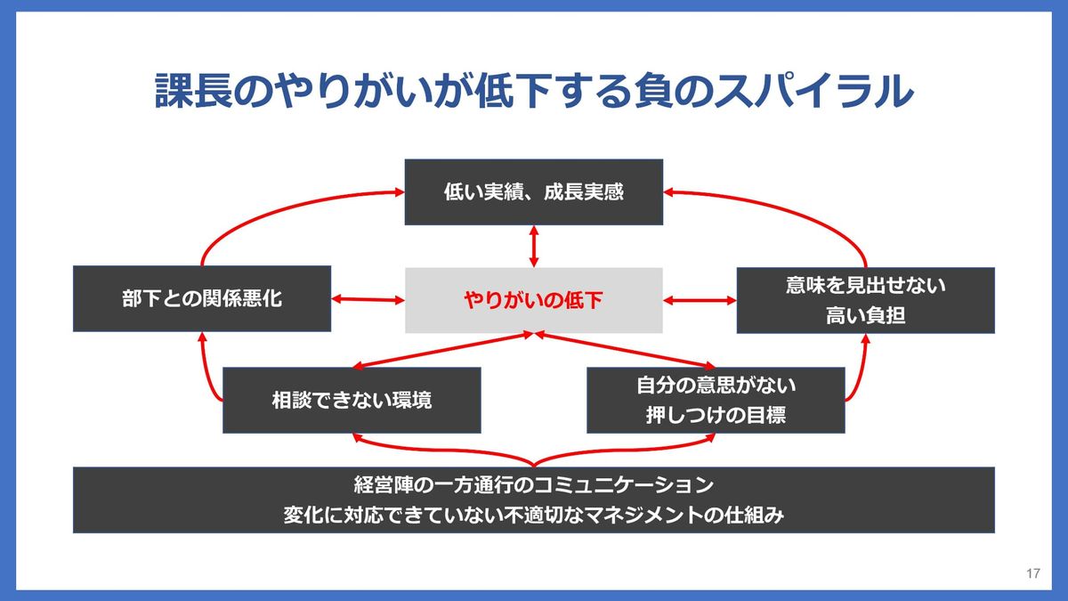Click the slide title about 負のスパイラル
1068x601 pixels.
pos(534,91)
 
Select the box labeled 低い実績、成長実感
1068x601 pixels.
pos(534,191)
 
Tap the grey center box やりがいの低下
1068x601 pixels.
pos(534,300)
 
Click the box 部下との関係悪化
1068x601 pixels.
pos(202,299)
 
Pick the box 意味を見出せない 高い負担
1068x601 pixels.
pos(865,300)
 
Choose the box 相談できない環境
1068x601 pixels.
pos(352,400)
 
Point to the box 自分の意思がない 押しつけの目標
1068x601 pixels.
pos(716,400)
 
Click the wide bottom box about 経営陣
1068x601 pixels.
pos(534,499)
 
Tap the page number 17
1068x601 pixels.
pos(1033,573)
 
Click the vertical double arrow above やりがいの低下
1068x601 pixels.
pos(534,246)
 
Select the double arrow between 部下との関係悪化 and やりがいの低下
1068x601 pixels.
pos(368,300)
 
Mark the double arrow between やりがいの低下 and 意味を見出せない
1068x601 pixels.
pos(700,300)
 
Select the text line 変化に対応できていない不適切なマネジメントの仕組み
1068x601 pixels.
pos(534,515)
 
